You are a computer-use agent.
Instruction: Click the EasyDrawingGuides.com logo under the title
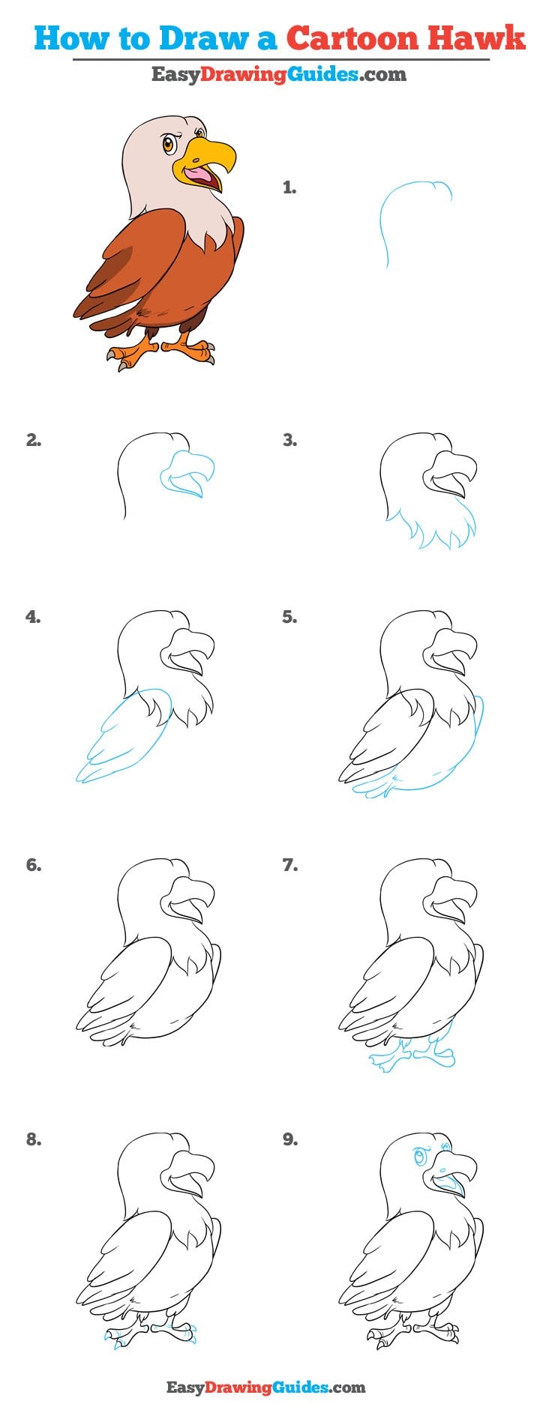pos(278,73)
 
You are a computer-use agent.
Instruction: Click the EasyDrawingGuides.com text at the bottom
pos(265,1387)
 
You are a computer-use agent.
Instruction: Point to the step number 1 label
pos(289,188)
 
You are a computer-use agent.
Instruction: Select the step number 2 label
pos(34,441)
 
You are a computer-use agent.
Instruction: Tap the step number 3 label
pos(289,441)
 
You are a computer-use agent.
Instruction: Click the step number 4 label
pos(34,617)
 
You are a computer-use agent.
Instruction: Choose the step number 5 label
pos(289,617)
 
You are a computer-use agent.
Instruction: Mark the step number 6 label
pos(34,865)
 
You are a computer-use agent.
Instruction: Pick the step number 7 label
pos(289,865)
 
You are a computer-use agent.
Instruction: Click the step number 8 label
pos(34,1139)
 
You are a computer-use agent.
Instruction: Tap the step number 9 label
pos(289,1139)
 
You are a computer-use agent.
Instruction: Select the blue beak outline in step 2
pos(187,474)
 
